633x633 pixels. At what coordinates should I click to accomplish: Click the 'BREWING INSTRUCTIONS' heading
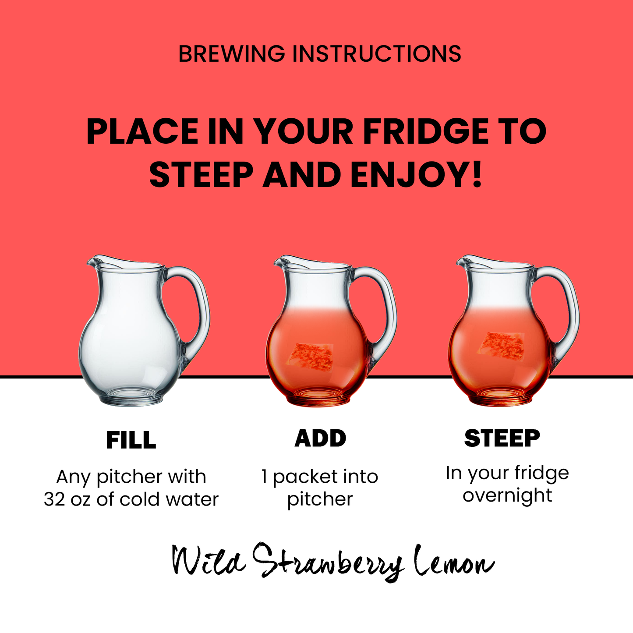[x=320, y=53]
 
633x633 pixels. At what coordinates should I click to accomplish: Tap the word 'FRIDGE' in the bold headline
[x=426, y=132]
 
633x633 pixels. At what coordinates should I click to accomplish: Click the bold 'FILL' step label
[x=131, y=440]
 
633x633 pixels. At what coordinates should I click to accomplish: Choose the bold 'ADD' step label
[x=320, y=438]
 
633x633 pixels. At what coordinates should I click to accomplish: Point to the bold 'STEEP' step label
[x=502, y=438]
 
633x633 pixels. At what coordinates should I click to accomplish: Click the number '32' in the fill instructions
[x=55, y=499]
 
